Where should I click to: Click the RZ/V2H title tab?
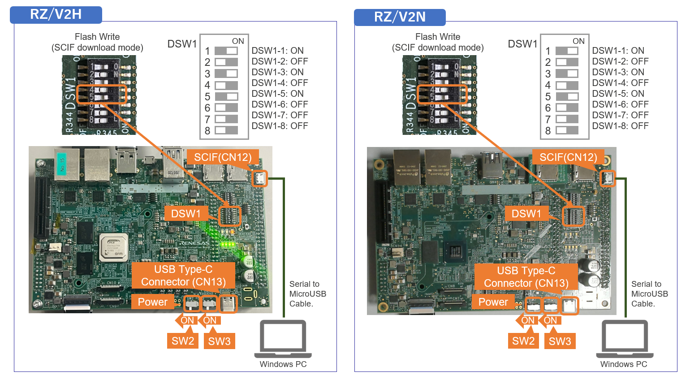[x=56, y=15]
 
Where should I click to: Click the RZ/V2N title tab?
[x=400, y=17]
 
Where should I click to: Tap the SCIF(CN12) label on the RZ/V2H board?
[x=223, y=157]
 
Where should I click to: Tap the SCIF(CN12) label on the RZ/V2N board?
[x=568, y=157]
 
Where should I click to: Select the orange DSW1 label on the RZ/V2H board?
[x=186, y=214]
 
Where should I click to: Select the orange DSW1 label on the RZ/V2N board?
[x=526, y=214]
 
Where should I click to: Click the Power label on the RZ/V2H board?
[x=152, y=302]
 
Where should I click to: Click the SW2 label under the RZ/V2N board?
[x=523, y=341]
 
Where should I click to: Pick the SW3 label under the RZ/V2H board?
[x=219, y=341]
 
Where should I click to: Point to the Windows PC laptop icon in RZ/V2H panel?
[x=283, y=338]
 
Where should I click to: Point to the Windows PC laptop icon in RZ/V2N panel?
[x=624, y=338]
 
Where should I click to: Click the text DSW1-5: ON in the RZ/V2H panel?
[x=277, y=94]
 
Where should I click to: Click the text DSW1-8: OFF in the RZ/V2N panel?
[x=620, y=126]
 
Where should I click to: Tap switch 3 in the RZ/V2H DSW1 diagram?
[x=226, y=73]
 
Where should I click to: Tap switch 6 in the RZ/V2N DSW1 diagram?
[x=567, y=108]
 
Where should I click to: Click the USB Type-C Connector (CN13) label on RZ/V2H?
[x=183, y=276]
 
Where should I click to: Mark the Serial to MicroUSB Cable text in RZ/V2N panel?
[x=649, y=294]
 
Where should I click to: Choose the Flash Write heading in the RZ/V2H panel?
[x=97, y=37]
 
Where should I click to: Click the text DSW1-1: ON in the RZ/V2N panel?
[x=618, y=51]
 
